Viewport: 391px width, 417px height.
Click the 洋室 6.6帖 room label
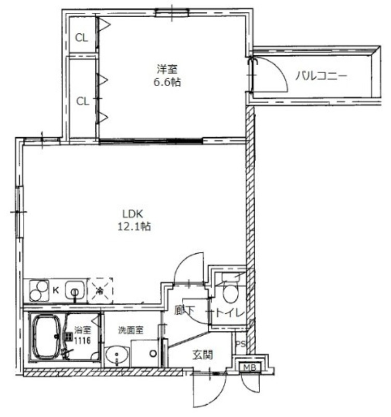[167, 76]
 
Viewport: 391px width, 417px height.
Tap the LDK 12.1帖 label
[134, 220]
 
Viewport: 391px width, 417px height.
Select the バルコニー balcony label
[321, 76]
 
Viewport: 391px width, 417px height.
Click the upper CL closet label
[82, 38]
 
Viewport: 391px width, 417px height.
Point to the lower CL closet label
[83, 101]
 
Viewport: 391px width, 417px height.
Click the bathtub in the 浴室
[47, 336]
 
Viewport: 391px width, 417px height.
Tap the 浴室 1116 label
[82, 335]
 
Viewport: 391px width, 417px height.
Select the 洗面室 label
[131, 330]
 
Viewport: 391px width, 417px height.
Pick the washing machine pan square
[145, 353]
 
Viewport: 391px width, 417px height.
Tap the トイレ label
[230, 312]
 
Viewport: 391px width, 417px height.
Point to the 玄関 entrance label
[203, 354]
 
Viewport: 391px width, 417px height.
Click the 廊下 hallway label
[184, 310]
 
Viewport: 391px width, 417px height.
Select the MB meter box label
[250, 367]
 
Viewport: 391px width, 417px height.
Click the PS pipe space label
[241, 344]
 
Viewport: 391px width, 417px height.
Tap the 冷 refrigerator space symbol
[100, 291]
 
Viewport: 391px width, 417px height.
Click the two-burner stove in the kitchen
[40, 291]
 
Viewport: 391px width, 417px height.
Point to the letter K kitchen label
[56, 290]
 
